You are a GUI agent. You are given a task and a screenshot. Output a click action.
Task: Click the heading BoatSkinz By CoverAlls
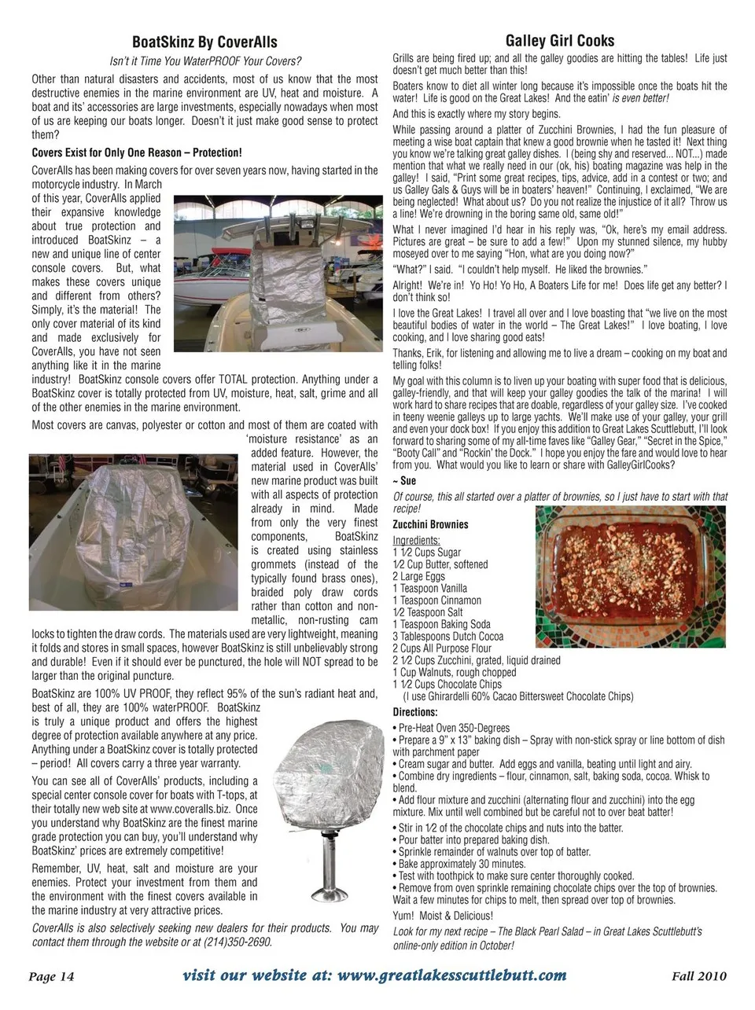click(204, 42)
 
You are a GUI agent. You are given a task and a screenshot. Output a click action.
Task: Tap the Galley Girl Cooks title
click(559, 41)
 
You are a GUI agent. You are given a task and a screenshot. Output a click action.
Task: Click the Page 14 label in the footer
click(51, 976)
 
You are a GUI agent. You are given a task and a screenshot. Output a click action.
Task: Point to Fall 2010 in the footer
click(699, 976)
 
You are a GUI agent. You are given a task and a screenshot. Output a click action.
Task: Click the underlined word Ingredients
click(416, 541)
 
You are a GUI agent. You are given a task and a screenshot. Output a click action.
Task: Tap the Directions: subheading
click(414, 712)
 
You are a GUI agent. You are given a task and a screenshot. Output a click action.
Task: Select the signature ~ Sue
click(404, 480)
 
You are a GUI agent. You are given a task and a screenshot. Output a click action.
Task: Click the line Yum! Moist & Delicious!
click(443, 916)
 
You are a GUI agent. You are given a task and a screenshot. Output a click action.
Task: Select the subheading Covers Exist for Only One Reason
click(137, 152)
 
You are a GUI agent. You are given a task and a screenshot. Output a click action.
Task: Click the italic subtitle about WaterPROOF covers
click(204, 61)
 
